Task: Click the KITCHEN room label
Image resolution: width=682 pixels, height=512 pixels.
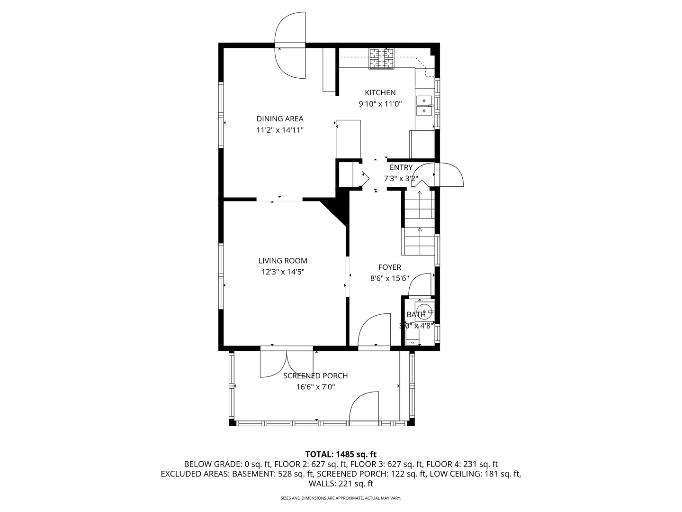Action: pos(380,92)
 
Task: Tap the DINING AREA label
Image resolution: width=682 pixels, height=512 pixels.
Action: pos(280,119)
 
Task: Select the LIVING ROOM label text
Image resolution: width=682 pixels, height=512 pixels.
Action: pos(283,261)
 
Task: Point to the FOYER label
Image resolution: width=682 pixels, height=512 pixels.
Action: pos(389,267)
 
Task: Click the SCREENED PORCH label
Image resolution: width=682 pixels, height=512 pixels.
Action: pos(315,376)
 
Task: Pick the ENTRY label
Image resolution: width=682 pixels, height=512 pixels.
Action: pos(401,167)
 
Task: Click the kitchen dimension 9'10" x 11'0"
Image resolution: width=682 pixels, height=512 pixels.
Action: pos(380,104)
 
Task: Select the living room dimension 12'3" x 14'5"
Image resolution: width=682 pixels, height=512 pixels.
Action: pos(283,272)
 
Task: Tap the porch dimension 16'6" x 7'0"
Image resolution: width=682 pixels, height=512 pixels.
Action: pos(315,387)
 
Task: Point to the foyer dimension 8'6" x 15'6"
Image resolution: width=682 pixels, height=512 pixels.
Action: pos(389,279)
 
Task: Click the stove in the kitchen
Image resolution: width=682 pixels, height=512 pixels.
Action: pos(382,59)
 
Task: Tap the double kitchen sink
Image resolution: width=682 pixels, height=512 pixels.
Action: pos(423,106)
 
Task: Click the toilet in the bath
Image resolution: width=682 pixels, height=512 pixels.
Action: pos(413,337)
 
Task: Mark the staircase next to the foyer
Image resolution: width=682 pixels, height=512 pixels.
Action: pos(419,223)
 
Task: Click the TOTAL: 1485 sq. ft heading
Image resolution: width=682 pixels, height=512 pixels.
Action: pos(341,454)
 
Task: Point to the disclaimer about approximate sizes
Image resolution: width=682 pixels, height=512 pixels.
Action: pos(341,498)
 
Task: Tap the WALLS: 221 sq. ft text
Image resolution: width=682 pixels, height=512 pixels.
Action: pos(341,484)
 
